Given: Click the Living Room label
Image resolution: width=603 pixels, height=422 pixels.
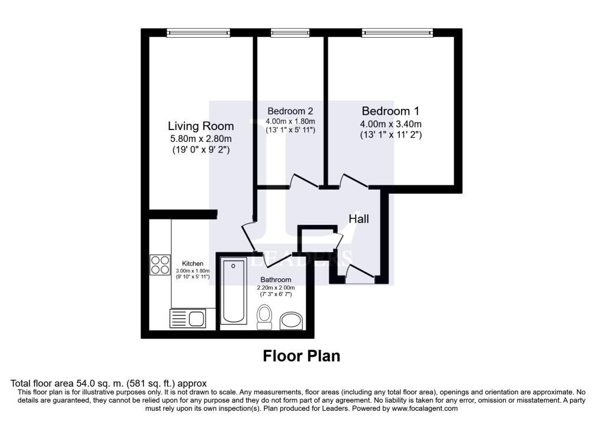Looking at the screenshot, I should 201,126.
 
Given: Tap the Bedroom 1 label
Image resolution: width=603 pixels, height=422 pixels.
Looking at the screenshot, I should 390,111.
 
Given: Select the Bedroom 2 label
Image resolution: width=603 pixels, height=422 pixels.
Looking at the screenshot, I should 290,111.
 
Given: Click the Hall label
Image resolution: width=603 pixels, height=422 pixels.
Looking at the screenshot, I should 359,219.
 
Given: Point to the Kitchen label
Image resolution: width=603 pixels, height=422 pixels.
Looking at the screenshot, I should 193,263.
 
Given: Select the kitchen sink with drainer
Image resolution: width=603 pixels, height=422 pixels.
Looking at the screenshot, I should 187,319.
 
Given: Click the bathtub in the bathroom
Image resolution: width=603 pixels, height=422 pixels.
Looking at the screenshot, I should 233,291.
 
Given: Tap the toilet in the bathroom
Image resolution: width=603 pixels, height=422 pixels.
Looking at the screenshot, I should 264,317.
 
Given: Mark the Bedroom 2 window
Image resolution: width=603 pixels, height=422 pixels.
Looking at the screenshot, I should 290,32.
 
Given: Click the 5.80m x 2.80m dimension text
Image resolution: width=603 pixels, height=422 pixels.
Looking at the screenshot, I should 201,139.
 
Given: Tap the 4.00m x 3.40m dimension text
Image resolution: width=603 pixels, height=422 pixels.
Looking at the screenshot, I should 390,124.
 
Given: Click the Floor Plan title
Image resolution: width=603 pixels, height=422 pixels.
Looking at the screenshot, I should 301,356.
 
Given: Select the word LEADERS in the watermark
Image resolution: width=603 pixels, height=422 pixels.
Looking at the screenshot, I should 301,260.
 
